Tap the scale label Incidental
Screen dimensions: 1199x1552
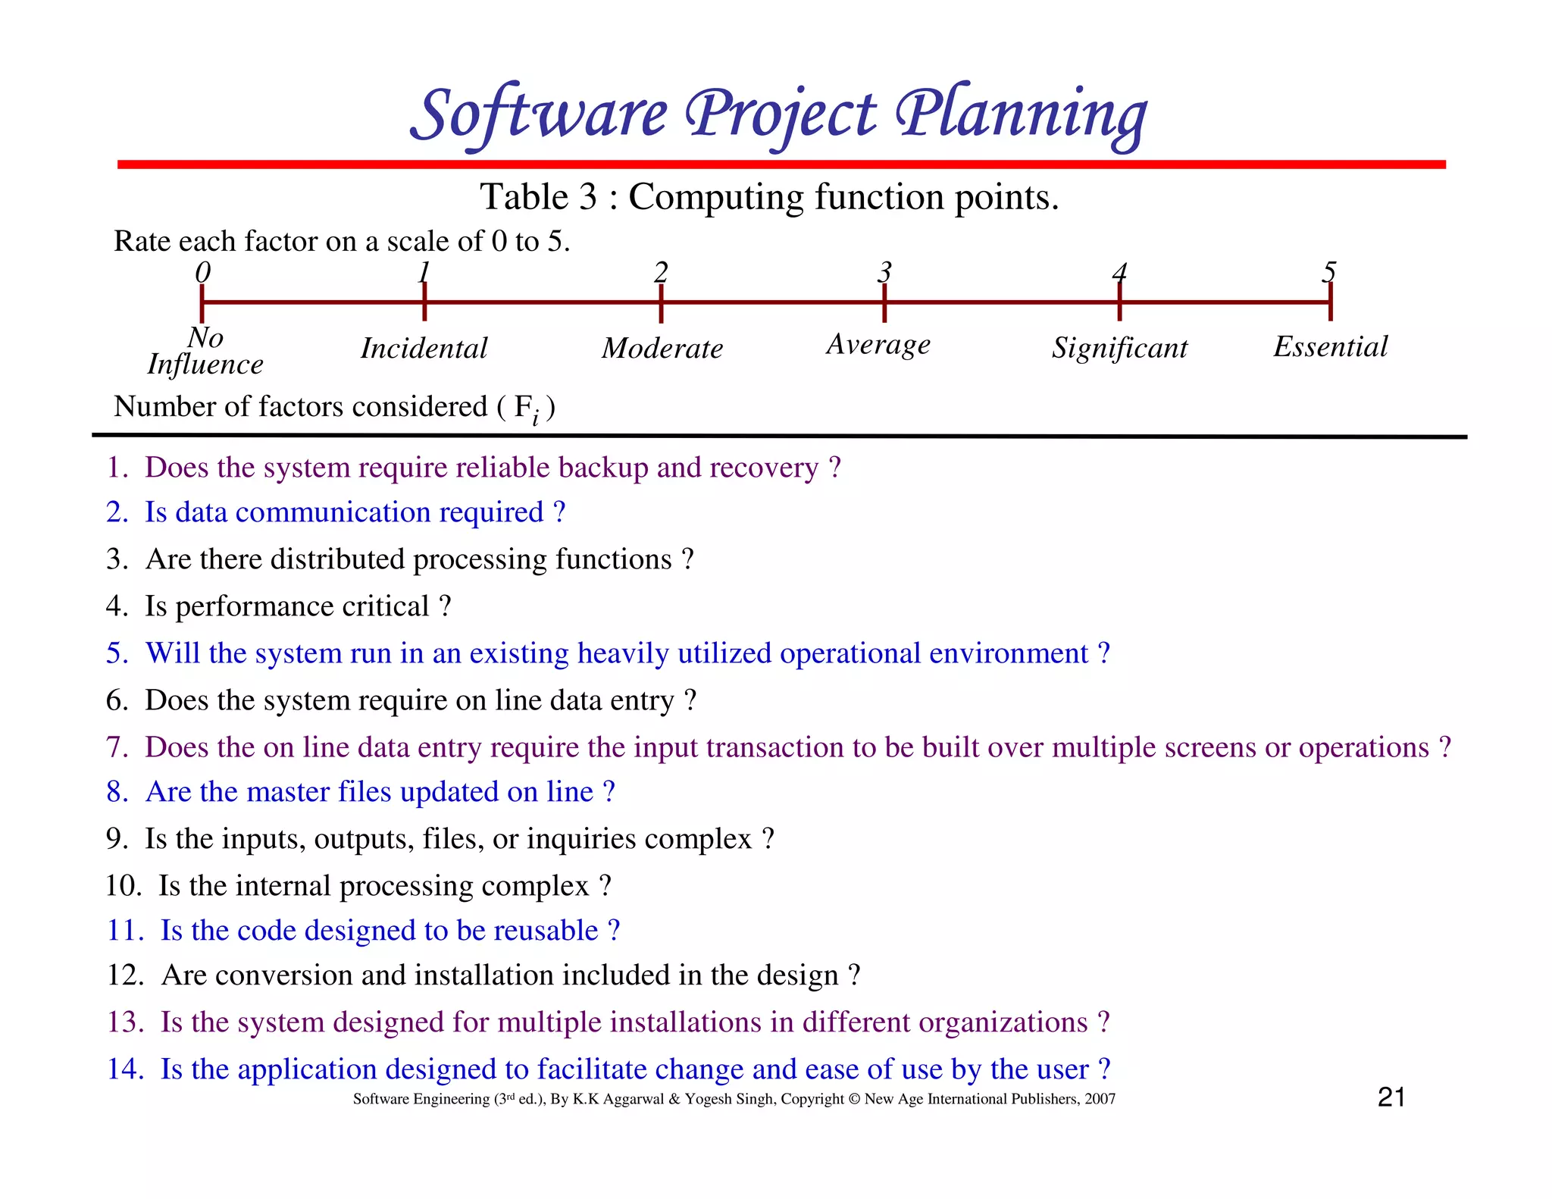[x=424, y=349]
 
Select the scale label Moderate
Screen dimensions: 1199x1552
[x=662, y=349]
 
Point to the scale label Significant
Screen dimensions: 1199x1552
[x=1119, y=348]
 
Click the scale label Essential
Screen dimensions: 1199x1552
[x=1330, y=346]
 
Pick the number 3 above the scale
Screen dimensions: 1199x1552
[x=884, y=271]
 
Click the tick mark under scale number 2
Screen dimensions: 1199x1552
[x=661, y=304]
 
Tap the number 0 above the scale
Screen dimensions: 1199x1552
[x=202, y=271]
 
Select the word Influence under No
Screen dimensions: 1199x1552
[x=205, y=365]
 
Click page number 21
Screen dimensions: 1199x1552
[x=1391, y=1097]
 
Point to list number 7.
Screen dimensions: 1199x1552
[x=117, y=747]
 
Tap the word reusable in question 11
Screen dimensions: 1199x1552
[x=546, y=931]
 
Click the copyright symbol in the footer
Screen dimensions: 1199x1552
[x=854, y=1099]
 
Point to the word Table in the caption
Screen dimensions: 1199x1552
[x=524, y=197]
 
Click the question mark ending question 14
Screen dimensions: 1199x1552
[x=1104, y=1069]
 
